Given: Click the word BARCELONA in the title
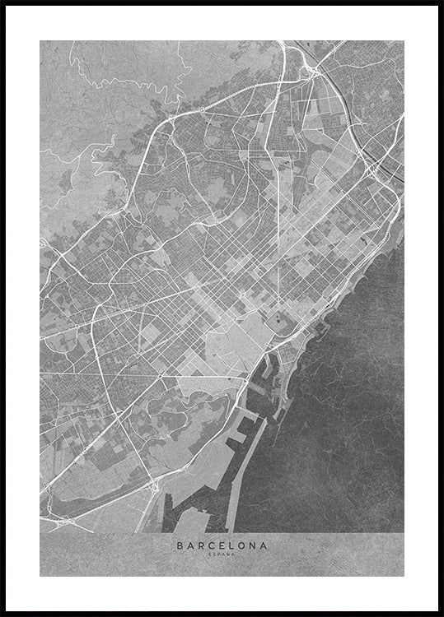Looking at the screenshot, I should point(222,544).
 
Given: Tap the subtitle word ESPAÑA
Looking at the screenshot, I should point(222,553).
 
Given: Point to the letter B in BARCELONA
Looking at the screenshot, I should point(180,544).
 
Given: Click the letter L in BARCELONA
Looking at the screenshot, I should point(232,544).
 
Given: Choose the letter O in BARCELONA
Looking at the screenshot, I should point(242,544).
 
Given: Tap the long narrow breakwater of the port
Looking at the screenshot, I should point(235,477).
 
